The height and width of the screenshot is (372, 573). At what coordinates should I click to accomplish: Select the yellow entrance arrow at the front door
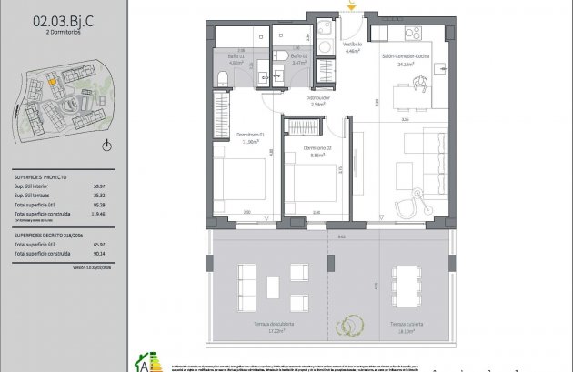point(351,7)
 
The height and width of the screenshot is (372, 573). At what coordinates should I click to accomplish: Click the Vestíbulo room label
point(352,45)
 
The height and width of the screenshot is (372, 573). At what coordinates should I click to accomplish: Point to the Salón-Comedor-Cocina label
point(406,56)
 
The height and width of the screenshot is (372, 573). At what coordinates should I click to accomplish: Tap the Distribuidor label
point(317,98)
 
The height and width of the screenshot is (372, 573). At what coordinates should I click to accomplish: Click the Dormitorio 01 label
point(247,136)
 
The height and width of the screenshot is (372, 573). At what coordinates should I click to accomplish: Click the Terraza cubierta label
point(403,325)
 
